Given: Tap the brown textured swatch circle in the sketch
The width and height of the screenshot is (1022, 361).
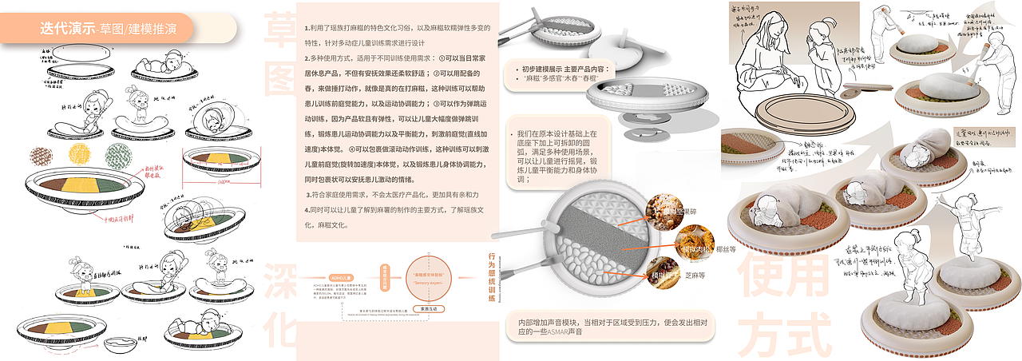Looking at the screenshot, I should pyautogui.click(x=40, y=155).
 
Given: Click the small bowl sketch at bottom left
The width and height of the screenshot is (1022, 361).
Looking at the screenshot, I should pyautogui.click(x=121, y=344).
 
